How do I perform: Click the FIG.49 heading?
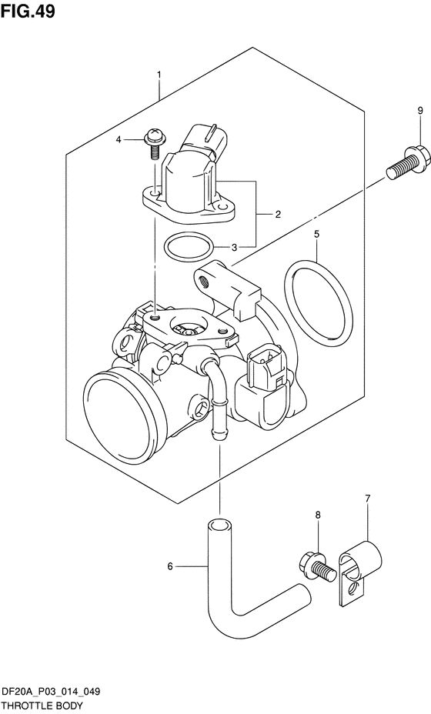[28, 12]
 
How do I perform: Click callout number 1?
[159, 74]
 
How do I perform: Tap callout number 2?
[278, 214]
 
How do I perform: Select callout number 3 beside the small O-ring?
[234, 247]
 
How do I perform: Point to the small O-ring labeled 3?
[189, 246]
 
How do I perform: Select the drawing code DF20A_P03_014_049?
[51, 692]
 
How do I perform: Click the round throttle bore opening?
[123, 415]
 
